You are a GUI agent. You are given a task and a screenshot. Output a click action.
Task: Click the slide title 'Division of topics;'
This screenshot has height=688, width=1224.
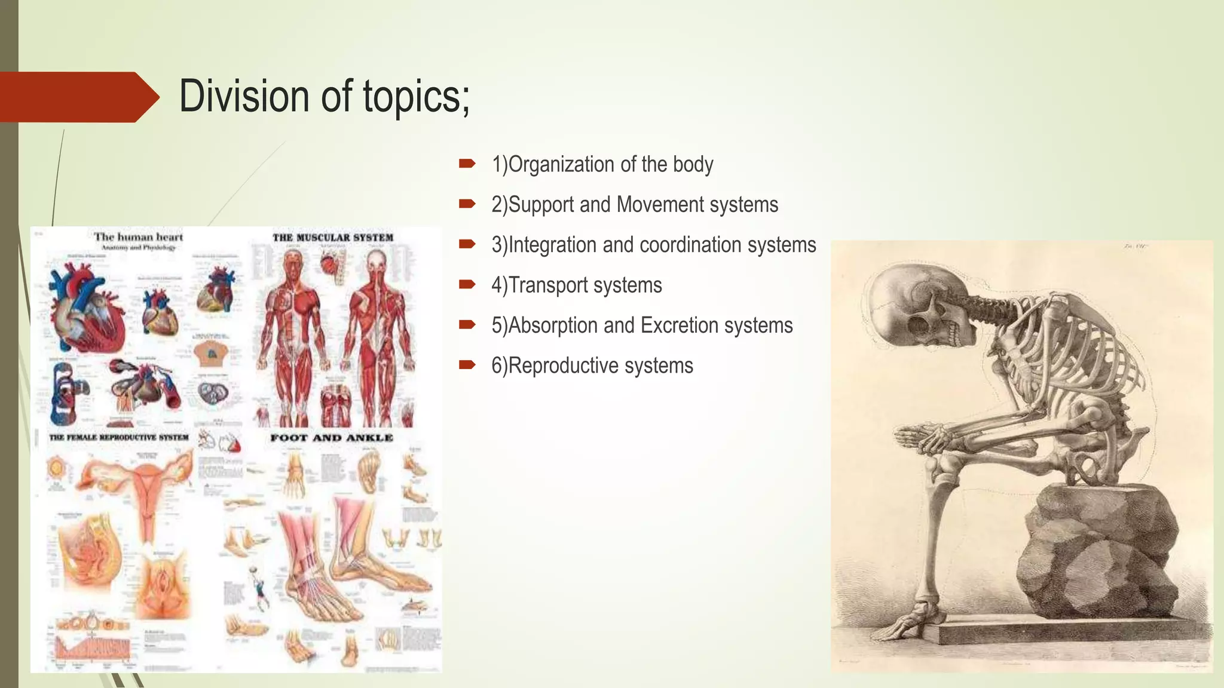point(324,97)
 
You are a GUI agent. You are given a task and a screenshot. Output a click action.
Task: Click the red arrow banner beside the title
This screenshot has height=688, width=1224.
point(78,97)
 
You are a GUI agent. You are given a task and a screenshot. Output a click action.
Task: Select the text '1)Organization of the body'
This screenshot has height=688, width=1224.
point(602,164)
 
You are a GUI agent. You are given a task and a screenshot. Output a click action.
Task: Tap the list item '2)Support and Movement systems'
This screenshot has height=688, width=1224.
point(634,205)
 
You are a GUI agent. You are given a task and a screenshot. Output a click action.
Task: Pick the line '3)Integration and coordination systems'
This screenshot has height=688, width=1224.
point(653,245)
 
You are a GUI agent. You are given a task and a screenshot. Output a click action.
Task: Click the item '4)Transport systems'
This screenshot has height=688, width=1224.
point(576,285)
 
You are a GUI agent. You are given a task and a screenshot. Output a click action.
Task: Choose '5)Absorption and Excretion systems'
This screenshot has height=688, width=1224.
point(642,325)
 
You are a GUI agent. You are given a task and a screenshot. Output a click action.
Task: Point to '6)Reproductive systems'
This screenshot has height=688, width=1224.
point(592,365)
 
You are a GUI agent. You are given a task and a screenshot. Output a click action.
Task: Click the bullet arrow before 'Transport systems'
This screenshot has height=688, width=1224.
point(467,285)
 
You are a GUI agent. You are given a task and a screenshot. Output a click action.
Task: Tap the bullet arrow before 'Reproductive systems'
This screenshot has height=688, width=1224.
point(467,365)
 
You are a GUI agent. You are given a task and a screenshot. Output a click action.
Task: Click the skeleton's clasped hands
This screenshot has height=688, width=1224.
point(920,439)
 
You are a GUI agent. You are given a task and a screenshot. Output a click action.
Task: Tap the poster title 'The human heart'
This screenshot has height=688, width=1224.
point(138,237)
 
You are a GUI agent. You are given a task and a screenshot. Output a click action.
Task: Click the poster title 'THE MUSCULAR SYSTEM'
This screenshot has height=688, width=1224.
point(333,238)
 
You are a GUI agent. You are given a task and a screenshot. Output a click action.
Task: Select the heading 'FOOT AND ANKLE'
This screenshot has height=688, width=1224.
point(332,438)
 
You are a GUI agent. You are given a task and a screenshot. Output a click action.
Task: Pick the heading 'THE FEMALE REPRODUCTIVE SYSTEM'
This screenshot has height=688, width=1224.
point(118,438)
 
